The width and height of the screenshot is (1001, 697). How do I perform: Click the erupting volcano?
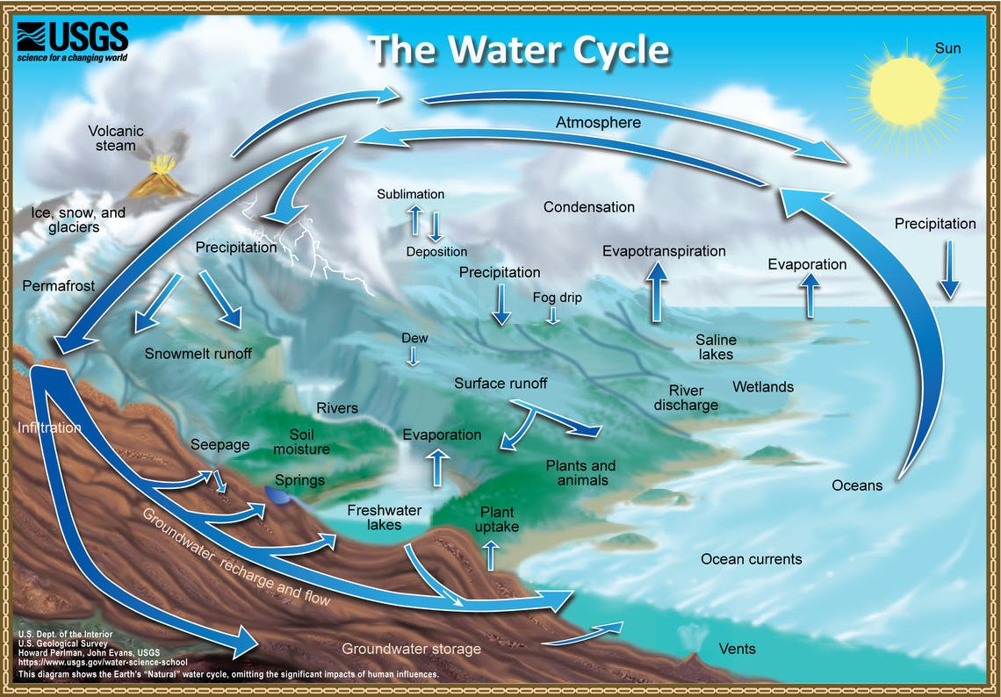coord(160,178)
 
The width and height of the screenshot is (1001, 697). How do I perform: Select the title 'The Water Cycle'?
coord(519,50)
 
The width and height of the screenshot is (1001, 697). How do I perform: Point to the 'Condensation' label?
coord(588,207)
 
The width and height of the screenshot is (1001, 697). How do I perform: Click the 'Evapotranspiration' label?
coord(664,251)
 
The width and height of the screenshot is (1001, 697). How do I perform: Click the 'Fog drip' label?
coord(557,298)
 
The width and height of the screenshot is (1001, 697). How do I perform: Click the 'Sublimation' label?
coord(411,194)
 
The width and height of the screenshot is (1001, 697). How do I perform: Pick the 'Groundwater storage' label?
coord(411,649)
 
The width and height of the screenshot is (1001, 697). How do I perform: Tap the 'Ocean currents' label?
coord(751,559)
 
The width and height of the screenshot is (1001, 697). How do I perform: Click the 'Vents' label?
coord(737,649)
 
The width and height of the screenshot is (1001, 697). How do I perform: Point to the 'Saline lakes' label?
coord(716,347)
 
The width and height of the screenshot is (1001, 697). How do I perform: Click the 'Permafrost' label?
coord(59,286)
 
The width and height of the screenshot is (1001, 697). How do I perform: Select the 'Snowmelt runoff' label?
coord(198,354)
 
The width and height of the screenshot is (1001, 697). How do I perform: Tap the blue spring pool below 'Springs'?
coord(280,496)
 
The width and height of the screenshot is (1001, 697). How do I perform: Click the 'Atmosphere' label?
coord(598,123)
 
